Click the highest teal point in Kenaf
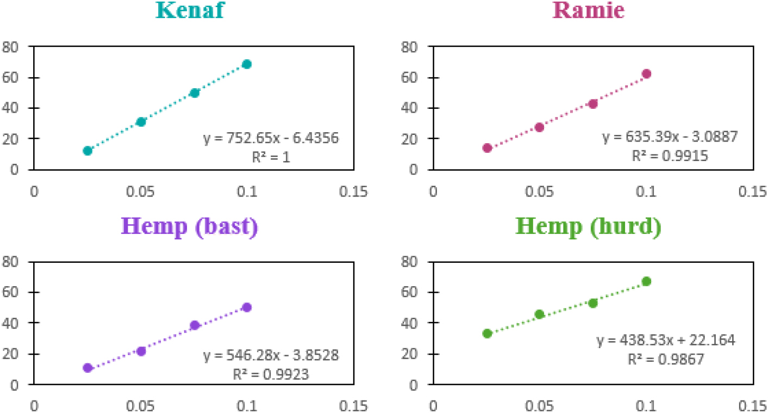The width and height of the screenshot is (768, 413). [x=247, y=64]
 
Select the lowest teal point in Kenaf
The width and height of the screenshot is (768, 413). [x=88, y=150]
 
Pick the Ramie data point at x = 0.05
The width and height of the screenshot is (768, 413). [x=539, y=127]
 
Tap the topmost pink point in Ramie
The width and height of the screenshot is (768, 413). [x=646, y=73]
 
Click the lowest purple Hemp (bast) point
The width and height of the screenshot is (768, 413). [x=88, y=368]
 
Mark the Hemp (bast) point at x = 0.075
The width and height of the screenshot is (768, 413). [x=195, y=325]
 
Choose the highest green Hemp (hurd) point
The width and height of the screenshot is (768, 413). [x=646, y=281]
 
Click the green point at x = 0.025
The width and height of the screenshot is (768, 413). [x=487, y=334]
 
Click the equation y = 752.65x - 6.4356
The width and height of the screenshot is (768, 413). [x=271, y=138]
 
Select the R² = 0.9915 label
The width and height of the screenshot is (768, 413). [x=670, y=155]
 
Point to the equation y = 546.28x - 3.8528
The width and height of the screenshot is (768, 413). [x=271, y=356]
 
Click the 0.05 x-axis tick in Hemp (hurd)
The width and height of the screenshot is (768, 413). [x=539, y=406]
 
